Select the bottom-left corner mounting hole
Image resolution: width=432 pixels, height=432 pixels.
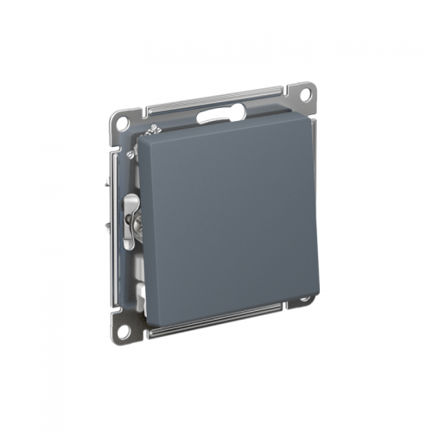[x=124, y=329]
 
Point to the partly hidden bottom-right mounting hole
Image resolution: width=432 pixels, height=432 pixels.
[x=305, y=300]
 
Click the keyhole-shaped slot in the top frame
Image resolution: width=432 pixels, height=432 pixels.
[x=217, y=112]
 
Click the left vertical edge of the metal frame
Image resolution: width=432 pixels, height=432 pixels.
[x=115, y=225]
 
